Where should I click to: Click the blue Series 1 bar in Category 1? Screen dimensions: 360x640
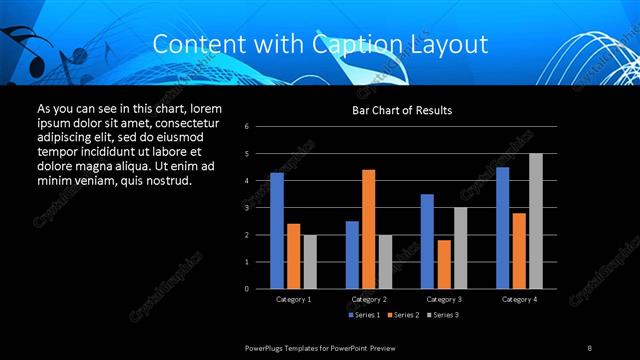(277, 231)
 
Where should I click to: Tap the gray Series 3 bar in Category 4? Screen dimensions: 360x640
(535, 221)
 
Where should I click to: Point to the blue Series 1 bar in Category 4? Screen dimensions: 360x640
(502, 228)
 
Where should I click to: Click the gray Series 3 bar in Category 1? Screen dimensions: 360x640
(310, 262)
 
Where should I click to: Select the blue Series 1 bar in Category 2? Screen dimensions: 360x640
(352, 255)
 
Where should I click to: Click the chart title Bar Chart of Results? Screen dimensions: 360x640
(402, 109)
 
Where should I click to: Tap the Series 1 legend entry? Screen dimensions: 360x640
(365, 315)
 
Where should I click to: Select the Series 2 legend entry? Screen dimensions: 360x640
(402, 315)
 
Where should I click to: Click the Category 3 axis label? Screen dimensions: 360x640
(444, 299)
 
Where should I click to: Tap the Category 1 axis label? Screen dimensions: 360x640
(293, 299)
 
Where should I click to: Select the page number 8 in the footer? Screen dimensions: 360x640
(589, 347)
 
